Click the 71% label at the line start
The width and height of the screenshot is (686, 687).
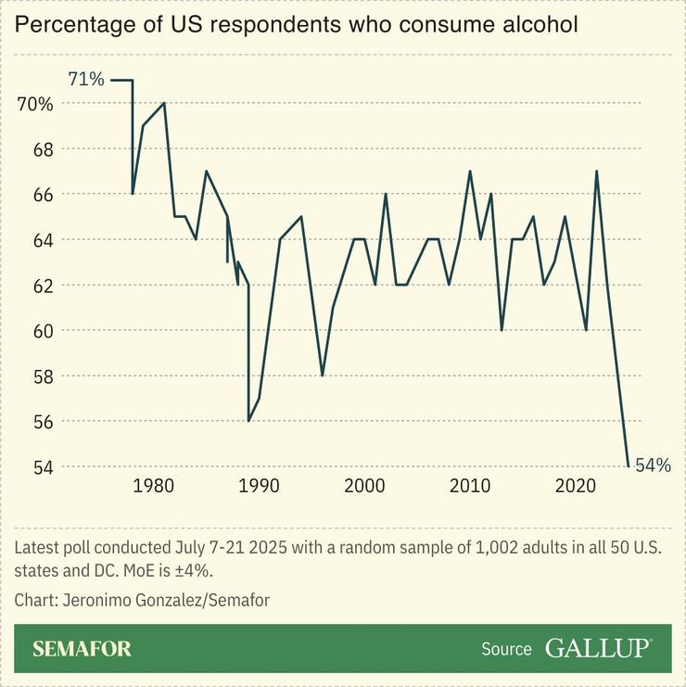click(86, 80)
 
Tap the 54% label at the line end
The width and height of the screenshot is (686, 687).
click(653, 465)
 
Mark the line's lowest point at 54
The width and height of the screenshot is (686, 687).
click(629, 465)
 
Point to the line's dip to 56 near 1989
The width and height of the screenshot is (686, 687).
click(248, 421)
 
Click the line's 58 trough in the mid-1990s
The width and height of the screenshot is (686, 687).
click(323, 375)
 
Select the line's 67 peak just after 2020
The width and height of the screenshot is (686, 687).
click(596, 172)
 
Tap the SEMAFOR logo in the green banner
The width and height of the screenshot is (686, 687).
click(82, 648)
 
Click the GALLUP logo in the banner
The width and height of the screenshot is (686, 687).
click(598, 648)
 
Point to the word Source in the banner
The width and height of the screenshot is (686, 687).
click(506, 649)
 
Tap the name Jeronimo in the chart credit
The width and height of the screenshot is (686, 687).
click(97, 600)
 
